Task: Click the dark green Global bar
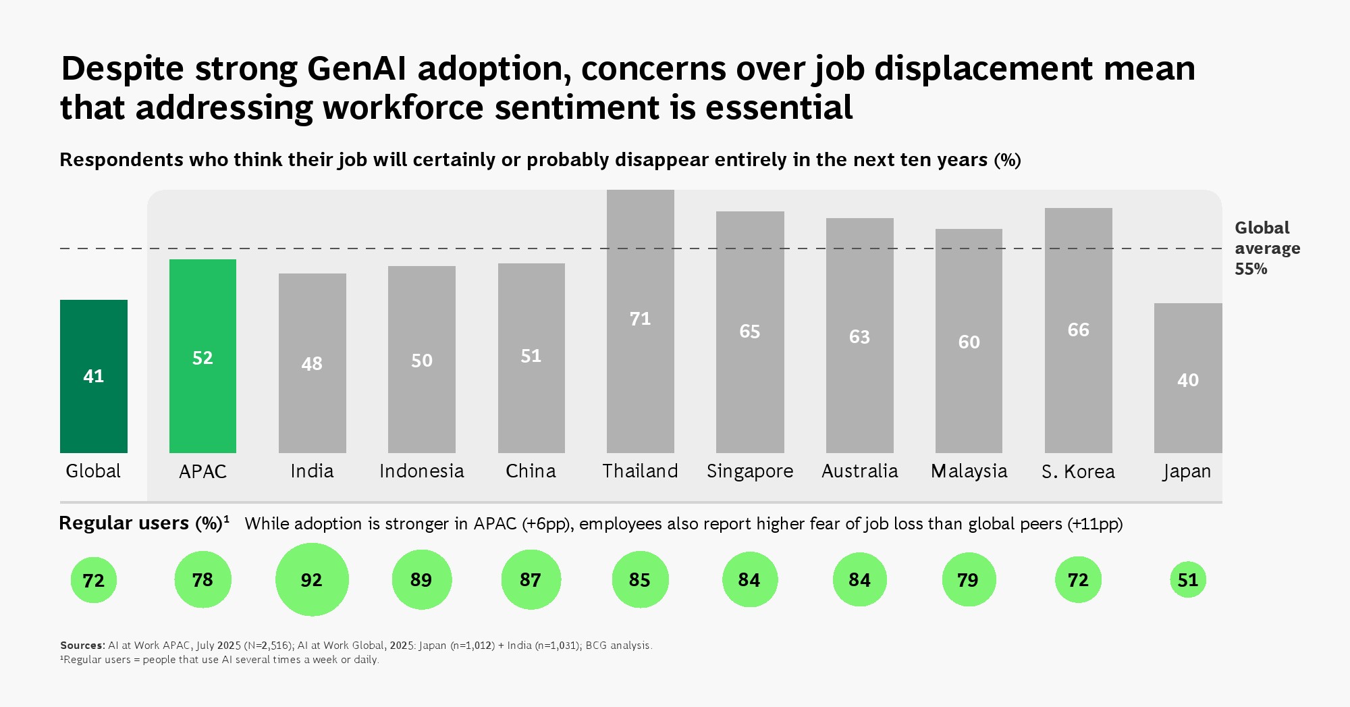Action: pos(94,376)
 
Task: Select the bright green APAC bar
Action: pos(202,356)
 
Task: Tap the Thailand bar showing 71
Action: pos(640,321)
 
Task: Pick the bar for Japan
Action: pos(1188,378)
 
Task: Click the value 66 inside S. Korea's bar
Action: pos(1078,330)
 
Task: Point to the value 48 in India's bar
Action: pos(312,364)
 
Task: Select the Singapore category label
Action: pos(750,471)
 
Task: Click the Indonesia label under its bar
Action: pos(422,471)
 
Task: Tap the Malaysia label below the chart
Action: pos(969,471)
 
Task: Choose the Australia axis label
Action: pos(859,471)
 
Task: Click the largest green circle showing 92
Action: pos(312,579)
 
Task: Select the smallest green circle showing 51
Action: pos(1187,579)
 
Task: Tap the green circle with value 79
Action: pos(968,579)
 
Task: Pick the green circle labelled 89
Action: pos(421,579)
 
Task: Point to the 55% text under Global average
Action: pos(1251,269)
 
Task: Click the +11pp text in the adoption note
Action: pos(1095,524)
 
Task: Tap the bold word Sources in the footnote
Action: pos(82,646)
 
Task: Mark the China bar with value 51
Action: pos(531,358)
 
